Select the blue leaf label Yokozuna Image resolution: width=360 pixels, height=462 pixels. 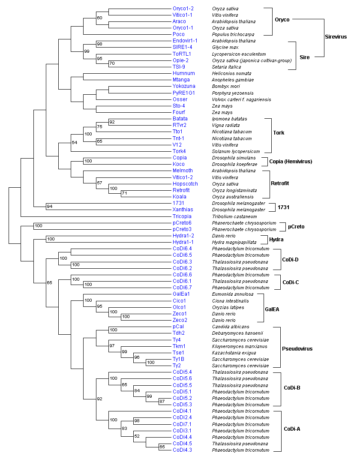coord(184,86)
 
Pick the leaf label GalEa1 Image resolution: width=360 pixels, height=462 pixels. coord(181,294)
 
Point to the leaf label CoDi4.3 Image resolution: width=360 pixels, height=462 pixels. coord(182,450)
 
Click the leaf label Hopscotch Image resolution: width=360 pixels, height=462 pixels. coord(185,183)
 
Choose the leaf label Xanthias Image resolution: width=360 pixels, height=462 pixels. coord(183,210)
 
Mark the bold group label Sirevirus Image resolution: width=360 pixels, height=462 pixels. coord(336,37)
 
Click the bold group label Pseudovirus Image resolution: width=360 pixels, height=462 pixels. coord(298,349)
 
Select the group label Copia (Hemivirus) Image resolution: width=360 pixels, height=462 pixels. coord(291,161)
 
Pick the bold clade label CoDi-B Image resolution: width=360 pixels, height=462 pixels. coord(292,388)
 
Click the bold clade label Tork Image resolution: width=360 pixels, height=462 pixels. coord(279,132)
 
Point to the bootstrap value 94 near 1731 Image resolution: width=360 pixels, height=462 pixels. coord(50,207)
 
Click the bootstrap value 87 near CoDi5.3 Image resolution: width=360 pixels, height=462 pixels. coord(162,402)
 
